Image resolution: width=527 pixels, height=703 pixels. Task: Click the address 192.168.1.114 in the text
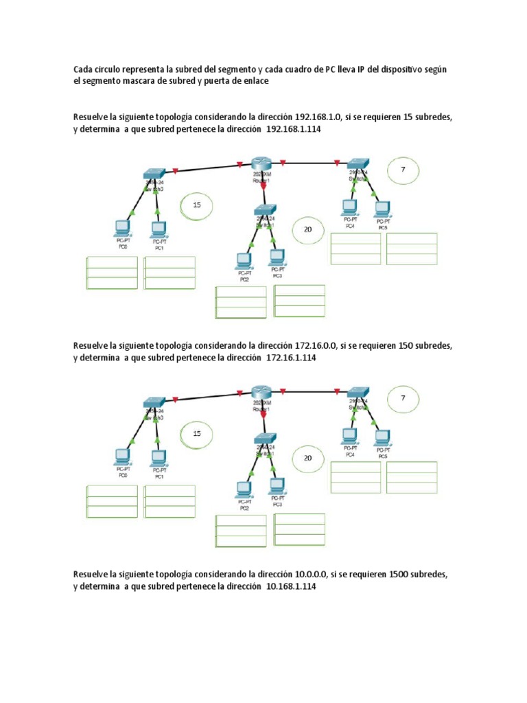294,129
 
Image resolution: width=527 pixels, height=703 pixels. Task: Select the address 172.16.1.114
292,358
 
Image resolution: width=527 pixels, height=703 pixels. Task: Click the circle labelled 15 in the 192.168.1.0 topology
196,205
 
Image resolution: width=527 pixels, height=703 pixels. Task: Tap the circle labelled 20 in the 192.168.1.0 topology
307,230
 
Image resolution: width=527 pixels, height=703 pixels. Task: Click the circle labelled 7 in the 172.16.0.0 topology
403,397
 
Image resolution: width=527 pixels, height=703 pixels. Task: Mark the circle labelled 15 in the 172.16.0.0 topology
196,433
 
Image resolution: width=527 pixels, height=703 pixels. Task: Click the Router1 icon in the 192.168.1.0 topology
261,163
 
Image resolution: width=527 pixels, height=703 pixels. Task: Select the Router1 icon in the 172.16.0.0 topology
261,392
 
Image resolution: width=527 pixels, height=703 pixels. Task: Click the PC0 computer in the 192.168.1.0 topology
123,228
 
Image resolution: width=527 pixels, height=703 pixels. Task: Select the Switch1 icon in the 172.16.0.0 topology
265,439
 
